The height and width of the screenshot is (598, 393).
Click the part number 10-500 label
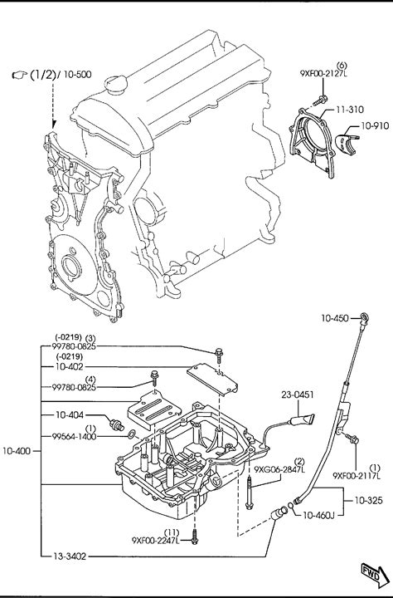77,74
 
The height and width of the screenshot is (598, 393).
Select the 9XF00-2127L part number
323,74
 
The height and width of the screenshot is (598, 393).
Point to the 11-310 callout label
349,110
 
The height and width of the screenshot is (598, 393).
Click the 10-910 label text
375,125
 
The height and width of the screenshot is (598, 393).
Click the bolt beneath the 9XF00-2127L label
320,100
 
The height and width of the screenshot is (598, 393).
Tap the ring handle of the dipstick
365,317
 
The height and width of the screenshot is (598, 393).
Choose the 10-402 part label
69,366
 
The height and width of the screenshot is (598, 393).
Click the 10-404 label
70,414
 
